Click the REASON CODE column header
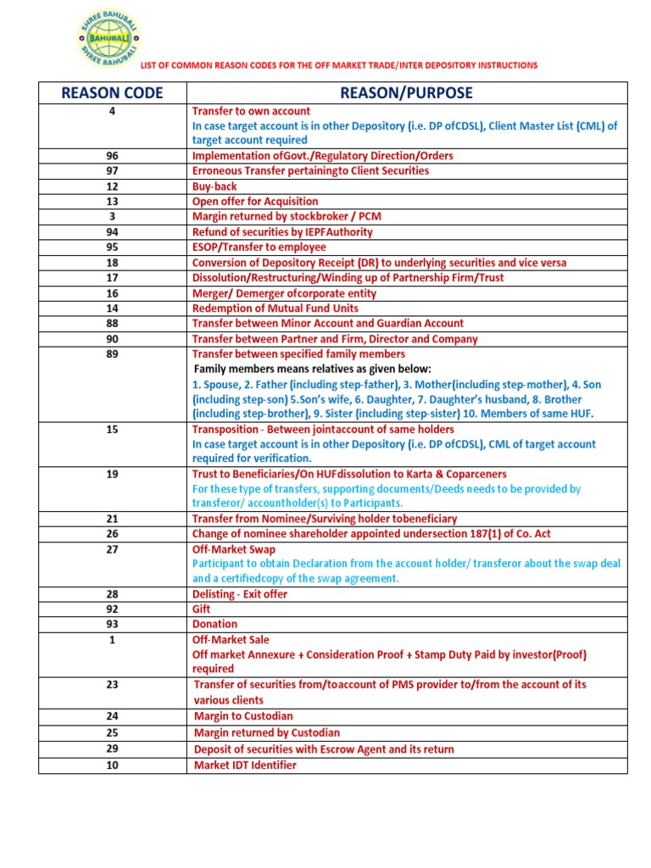point(112,92)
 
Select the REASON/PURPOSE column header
point(406,92)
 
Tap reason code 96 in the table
point(112,156)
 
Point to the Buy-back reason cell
point(214,186)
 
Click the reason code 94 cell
point(112,232)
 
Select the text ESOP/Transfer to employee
point(259,248)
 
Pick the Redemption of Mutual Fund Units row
point(275,309)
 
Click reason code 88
point(112,324)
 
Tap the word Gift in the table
point(202,609)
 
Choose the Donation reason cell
point(214,624)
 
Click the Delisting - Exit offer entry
point(240,594)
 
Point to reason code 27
point(112,549)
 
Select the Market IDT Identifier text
point(245,765)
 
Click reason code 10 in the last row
point(112,765)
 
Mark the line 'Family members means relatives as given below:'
point(313,370)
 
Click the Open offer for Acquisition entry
point(255,202)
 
